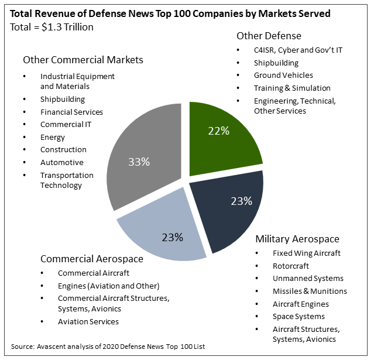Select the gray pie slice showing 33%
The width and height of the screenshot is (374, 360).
point(143,157)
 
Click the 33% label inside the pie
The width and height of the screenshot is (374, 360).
point(139,162)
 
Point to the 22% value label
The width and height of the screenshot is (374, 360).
point(219,131)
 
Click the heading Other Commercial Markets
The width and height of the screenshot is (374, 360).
point(83,60)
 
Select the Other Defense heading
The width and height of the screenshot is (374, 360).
point(269,36)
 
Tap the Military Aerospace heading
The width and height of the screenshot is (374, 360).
point(297,239)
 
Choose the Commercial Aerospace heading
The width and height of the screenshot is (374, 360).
point(92,259)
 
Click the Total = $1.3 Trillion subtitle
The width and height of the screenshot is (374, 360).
point(52,27)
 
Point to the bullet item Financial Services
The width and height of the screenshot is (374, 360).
point(71,112)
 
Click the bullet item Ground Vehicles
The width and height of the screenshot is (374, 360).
point(283,75)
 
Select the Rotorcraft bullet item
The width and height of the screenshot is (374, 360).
point(291,266)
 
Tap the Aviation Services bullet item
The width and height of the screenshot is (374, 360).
point(88,321)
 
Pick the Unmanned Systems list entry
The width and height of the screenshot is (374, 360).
point(308,279)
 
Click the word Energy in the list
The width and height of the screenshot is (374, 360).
point(53,138)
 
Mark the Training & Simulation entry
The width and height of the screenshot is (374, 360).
point(292,88)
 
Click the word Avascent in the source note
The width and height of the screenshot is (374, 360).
point(51,347)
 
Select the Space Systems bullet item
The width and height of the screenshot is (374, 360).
point(298,317)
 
